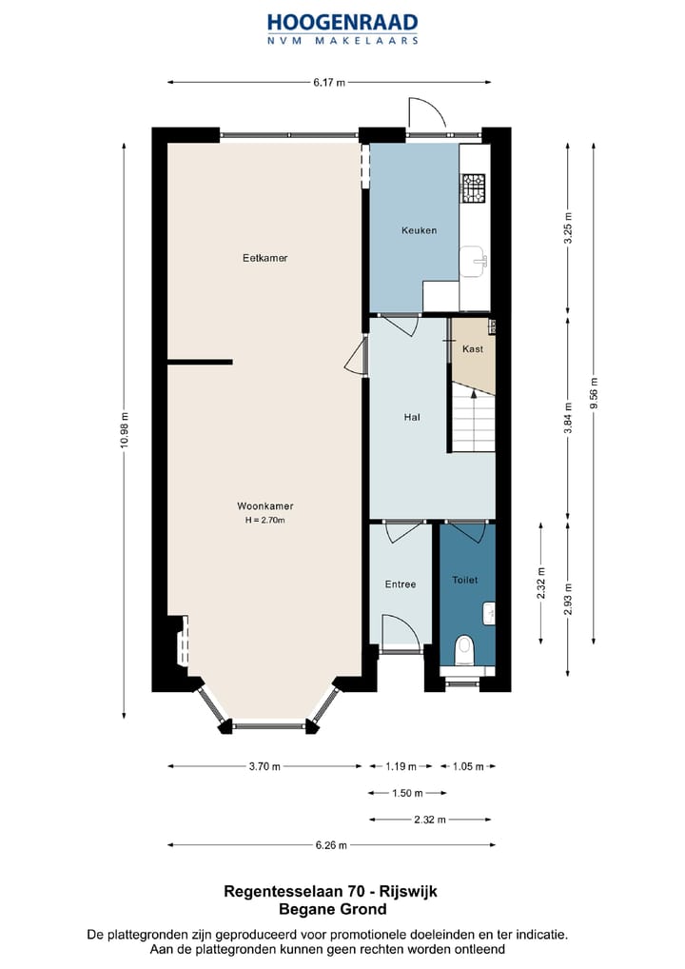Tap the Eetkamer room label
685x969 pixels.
[265, 258]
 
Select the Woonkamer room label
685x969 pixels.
[265, 506]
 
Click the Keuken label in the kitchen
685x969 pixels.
[419, 230]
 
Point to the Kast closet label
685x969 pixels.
[473, 349]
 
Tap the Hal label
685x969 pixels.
[412, 417]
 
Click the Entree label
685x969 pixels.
[401, 584]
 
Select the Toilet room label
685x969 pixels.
[465, 580]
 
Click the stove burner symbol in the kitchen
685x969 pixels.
[475, 188]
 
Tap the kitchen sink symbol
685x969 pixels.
[475, 262]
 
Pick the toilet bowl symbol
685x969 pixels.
[464, 651]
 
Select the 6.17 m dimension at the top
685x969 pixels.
[328, 82]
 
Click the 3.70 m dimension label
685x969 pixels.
[264, 766]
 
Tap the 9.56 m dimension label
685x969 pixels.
[594, 393]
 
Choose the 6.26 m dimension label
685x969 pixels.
[331, 845]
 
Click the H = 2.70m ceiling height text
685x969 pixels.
[265, 521]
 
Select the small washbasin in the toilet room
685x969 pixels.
[489, 613]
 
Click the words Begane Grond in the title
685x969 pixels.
[333, 909]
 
